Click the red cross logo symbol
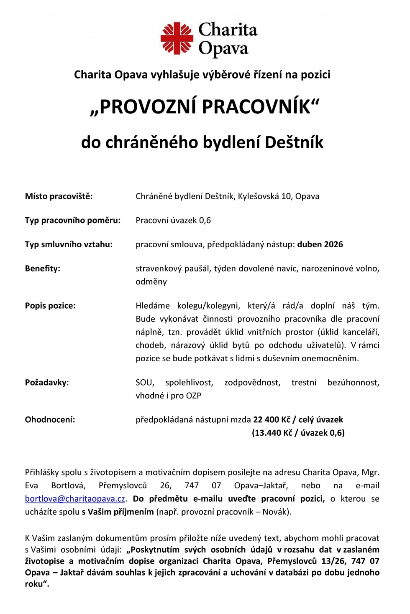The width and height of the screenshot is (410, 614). click(177, 38)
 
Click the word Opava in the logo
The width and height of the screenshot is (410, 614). click(223, 49)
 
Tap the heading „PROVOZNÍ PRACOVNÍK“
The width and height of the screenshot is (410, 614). click(205, 107)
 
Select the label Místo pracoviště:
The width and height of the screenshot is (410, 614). click(59, 196)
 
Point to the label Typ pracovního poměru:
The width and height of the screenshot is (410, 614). click(72, 220)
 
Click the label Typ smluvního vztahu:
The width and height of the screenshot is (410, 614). click(69, 244)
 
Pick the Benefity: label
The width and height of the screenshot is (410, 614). click(42, 269)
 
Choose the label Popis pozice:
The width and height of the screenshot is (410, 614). click(50, 306)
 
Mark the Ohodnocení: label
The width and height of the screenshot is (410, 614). click(50, 420)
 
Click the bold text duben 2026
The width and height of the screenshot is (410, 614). click(320, 244)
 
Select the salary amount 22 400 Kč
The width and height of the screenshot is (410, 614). click(272, 420)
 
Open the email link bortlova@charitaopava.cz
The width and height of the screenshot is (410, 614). click(75, 499)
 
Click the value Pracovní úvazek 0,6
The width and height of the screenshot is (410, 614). click(173, 220)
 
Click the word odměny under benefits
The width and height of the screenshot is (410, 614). click(151, 282)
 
